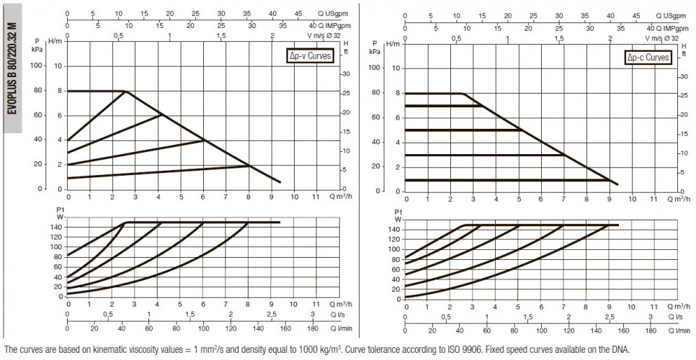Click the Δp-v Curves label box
310,57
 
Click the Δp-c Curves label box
648,58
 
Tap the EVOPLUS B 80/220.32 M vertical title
12,68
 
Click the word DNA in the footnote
621,349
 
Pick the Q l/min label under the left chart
341,328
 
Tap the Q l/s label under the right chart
678,318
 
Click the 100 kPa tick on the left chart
39,66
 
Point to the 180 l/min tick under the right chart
651,330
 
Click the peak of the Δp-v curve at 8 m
125,91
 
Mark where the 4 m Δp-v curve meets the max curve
204,140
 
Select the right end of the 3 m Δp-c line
564,155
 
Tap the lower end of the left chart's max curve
280,181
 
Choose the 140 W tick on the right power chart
396,229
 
